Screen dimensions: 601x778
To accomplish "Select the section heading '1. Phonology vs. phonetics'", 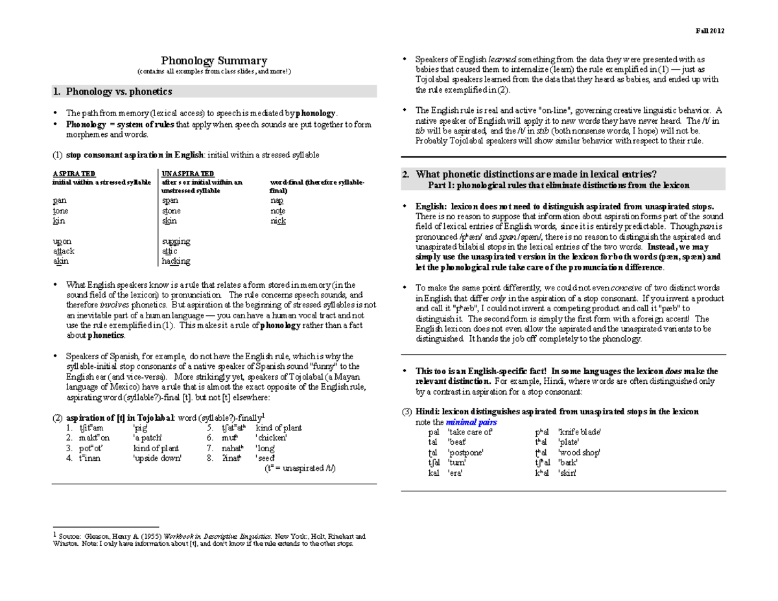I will pos(113,91).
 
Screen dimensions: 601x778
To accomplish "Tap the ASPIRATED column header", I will pos(73,174).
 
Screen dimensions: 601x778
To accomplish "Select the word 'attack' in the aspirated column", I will pos(64,251).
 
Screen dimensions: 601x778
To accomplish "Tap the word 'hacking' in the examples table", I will pos(176,261).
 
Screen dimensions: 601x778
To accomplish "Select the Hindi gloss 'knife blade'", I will pos(580,432).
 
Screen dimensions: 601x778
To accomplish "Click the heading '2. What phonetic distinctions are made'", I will pos(537,174).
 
